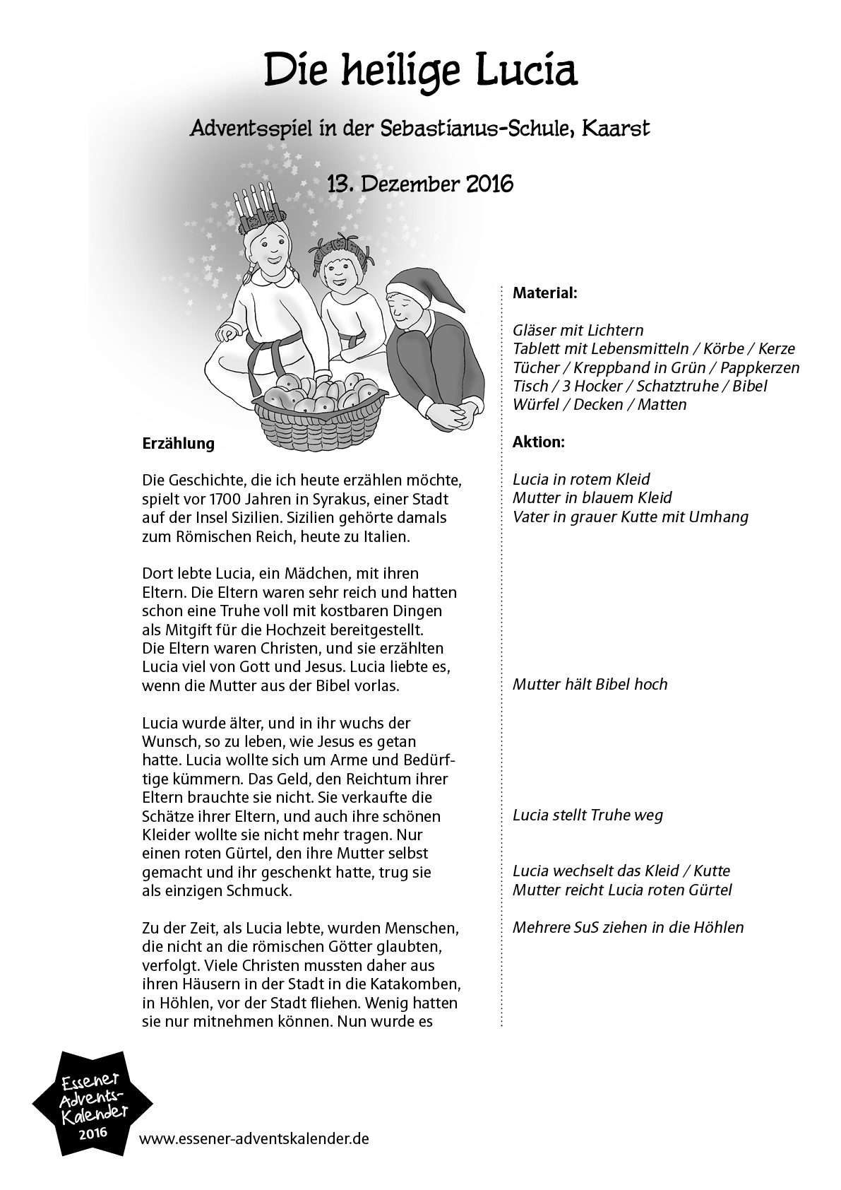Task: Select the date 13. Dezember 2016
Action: point(420,184)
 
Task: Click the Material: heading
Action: point(544,293)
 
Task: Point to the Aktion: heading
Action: point(538,442)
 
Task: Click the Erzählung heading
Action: point(178,444)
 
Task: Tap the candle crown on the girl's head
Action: point(256,205)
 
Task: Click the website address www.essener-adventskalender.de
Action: point(254,1139)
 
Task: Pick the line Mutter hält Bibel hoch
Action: point(590,684)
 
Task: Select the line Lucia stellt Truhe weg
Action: point(587,815)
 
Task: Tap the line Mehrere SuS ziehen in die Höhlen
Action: point(628,927)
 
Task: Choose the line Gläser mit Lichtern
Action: point(578,330)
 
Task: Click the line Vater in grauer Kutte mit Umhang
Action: point(630,517)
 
